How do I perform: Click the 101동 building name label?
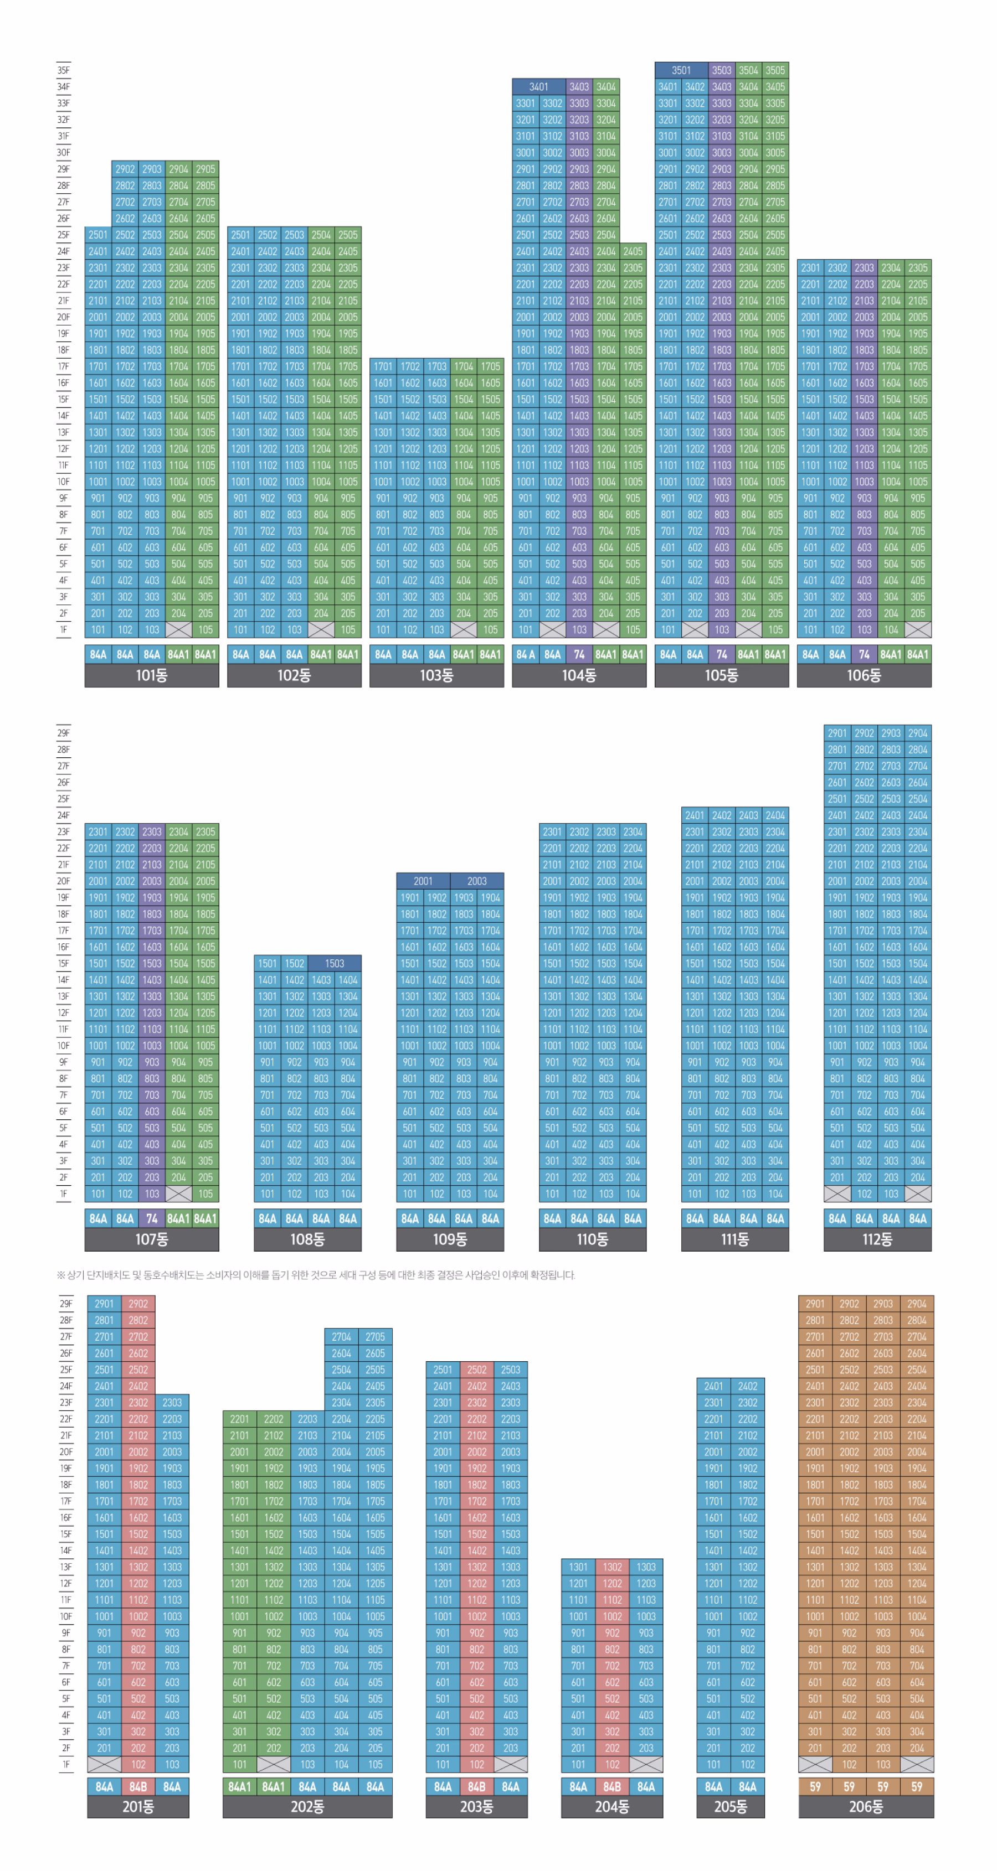tap(151, 675)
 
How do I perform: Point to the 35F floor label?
tap(64, 70)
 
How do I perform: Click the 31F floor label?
tap(64, 136)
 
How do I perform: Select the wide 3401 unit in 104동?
tap(538, 86)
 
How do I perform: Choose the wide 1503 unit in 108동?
tap(334, 963)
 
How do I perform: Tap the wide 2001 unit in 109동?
tap(423, 881)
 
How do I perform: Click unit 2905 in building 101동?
tap(205, 169)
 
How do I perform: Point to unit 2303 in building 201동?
tap(172, 1403)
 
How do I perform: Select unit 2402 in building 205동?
tap(748, 1386)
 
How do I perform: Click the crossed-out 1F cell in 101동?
tap(179, 630)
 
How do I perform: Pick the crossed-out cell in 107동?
tap(179, 1193)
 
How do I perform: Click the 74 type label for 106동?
tap(864, 654)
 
